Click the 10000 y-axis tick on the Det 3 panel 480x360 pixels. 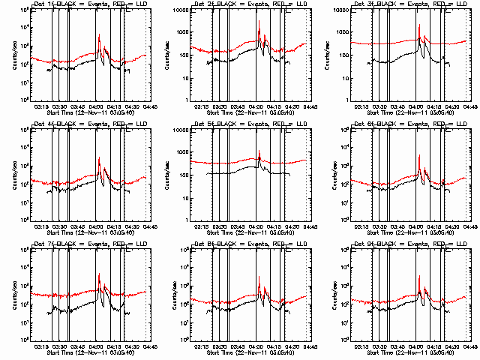coord(343,10)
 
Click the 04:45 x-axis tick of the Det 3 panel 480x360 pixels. coord(469,106)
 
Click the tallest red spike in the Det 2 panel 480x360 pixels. coord(259,30)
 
